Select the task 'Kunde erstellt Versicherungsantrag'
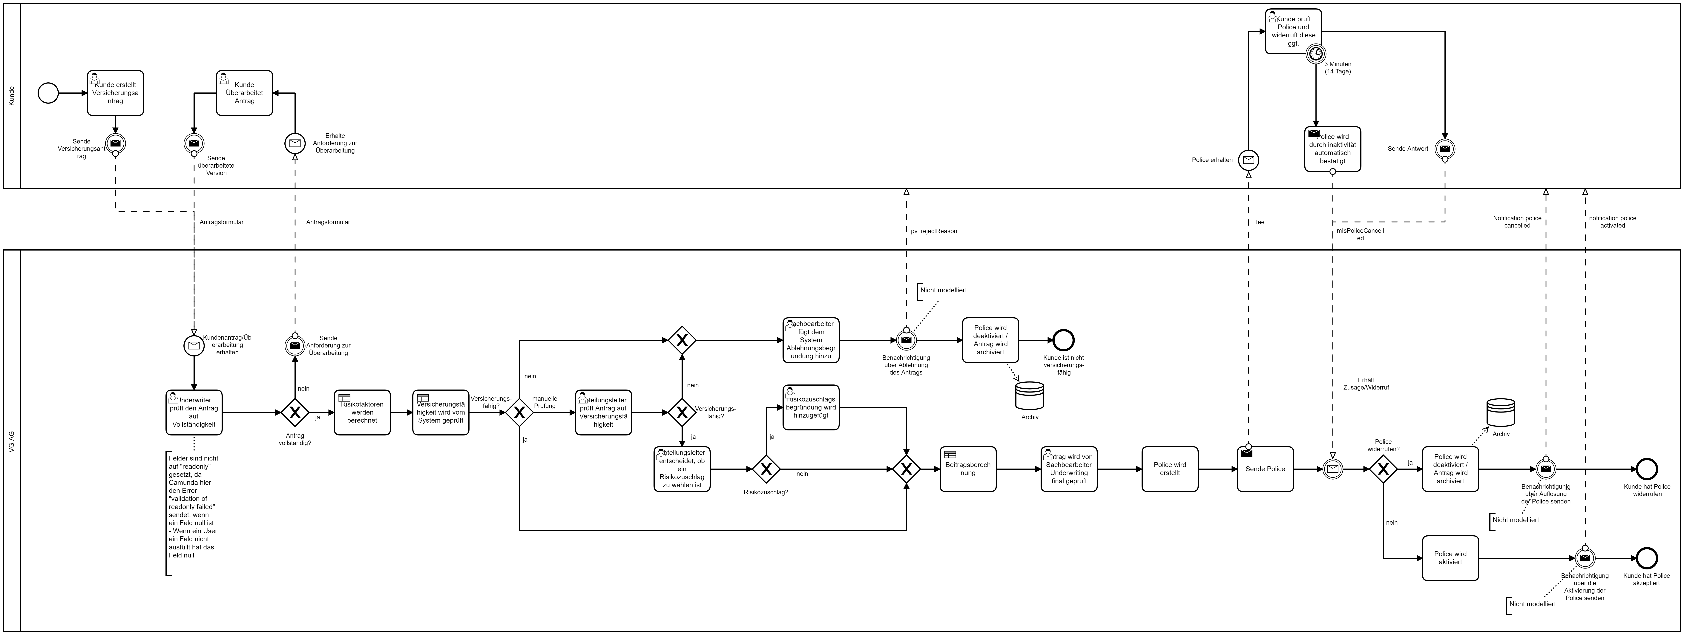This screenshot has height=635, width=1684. point(116,93)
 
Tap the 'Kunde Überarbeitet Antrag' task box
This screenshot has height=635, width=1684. point(245,93)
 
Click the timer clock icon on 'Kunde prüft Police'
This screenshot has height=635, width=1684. point(1315,54)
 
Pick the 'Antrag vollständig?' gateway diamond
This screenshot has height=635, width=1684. point(295,412)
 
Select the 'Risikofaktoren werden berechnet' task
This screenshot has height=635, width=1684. point(362,412)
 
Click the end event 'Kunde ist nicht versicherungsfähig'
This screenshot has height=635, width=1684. point(1064,340)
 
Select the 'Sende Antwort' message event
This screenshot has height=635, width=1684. point(1445,149)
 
